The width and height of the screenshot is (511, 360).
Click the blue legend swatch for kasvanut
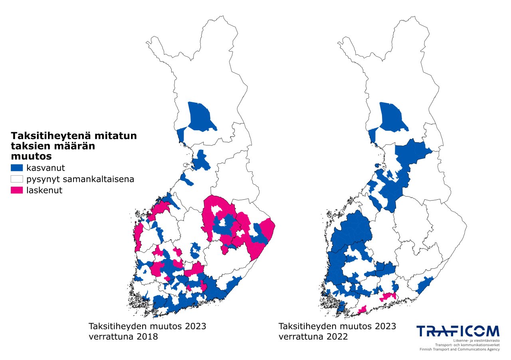click(x=17, y=167)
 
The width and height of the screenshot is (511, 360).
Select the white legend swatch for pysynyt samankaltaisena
click(x=17, y=179)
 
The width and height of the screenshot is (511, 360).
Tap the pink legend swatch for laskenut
click(x=17, y=190)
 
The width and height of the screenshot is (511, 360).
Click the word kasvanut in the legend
click(x=45, y=167)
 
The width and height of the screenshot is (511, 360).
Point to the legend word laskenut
click(x=44, y=190)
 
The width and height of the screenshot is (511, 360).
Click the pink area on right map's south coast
click(x=388, y=296)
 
